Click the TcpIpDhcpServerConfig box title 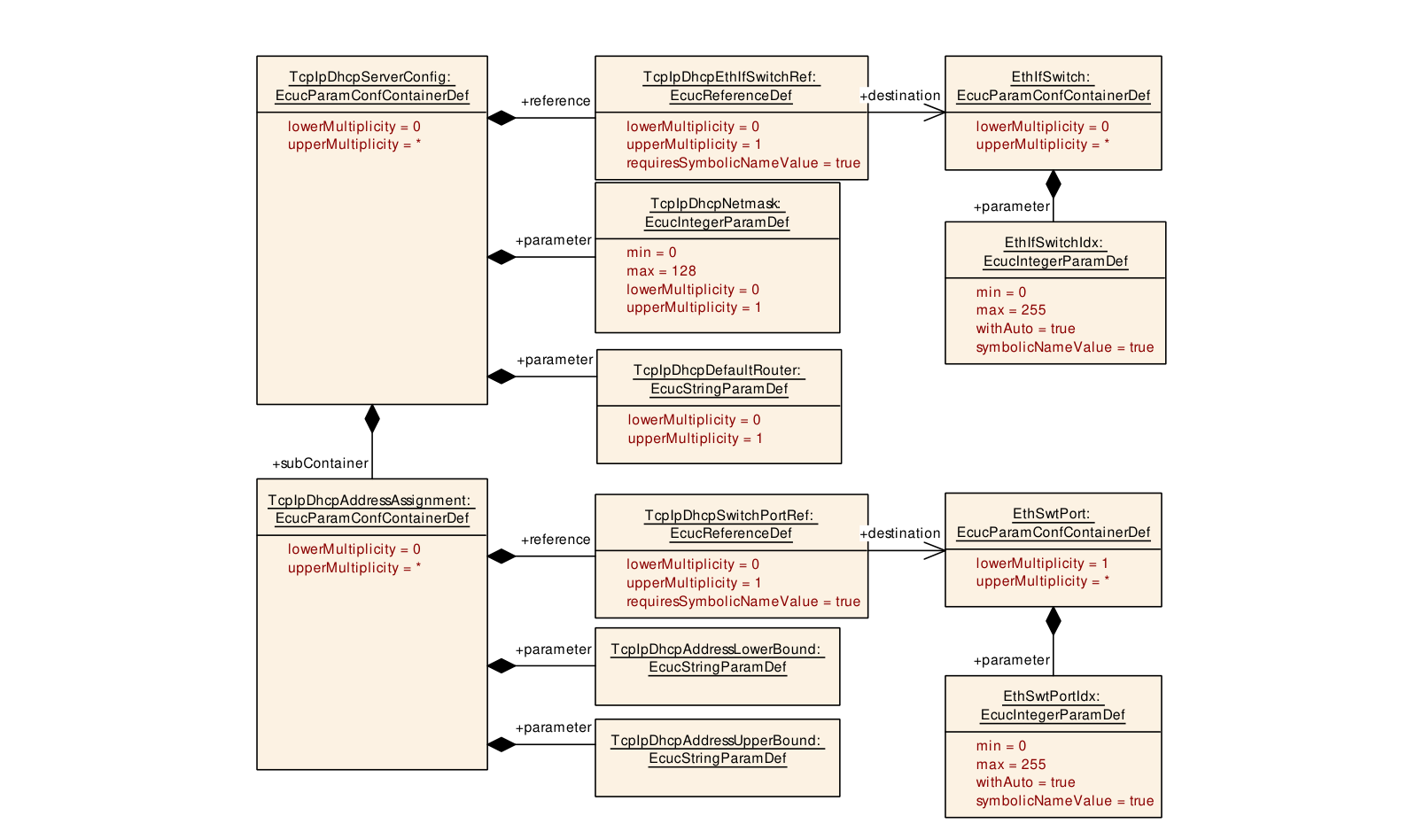[371, 86]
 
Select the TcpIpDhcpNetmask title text [717, 213]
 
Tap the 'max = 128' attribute [661, 270]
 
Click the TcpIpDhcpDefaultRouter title [719, 379]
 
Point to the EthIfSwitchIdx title [1055, 252]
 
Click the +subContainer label [320, 463]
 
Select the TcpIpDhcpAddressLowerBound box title [717, 657]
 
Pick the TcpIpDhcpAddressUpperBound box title [717, 749]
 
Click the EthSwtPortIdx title [1053, 705]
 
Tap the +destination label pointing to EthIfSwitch [899, 96]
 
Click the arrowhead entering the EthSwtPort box [935, 551]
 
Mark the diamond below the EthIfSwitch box [1054, 184]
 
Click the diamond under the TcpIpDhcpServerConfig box [372, 419]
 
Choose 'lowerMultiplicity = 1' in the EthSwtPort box [1042, 563]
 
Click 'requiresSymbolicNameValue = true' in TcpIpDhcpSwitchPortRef [743, 601]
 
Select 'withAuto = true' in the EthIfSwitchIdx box [1025, 329]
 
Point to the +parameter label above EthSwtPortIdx [1011, 660]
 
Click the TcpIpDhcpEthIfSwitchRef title [731, 86]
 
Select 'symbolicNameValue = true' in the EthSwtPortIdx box [1065, 800]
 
